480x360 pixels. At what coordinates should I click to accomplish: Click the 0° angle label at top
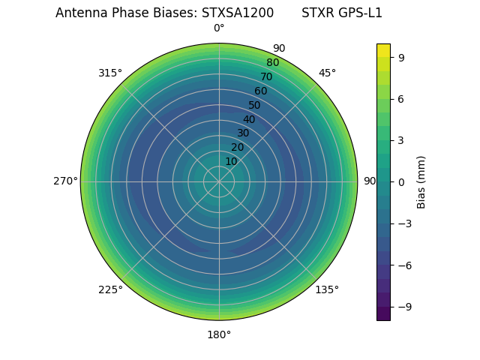coord(219,28)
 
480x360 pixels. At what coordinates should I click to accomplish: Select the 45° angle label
coord(327,73)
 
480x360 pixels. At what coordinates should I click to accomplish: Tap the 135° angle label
coord(327,289)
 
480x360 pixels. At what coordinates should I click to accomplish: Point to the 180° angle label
coord(219,334)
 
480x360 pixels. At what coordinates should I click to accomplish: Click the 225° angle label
coord(110,289)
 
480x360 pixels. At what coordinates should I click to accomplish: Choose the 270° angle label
coord(65,181)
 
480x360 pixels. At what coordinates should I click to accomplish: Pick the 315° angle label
coord(110,73)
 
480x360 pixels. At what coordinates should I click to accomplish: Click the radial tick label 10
coord(231,161)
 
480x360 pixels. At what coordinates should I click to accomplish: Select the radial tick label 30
coord(243,133)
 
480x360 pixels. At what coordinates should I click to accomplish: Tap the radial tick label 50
coord(255,105)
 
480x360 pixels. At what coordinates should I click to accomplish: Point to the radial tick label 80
coord(273,62)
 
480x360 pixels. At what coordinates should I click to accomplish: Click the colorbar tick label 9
coord(401,57)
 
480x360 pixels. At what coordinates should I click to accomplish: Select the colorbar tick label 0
coord(401,181)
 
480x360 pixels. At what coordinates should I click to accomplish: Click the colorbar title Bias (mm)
coord(421,181)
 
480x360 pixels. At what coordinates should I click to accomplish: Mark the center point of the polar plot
coord(219,181)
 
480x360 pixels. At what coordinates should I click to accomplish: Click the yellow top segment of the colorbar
coord(383,49)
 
